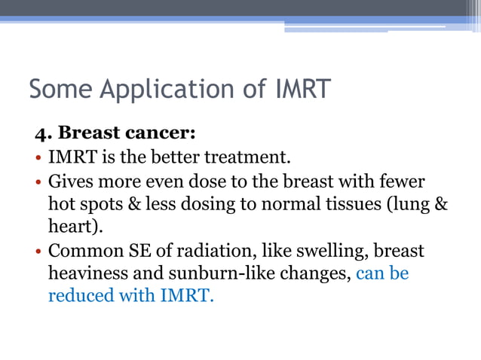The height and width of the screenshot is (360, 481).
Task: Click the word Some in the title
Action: coord(62,89)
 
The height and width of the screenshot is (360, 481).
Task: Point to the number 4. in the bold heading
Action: coord(43,133)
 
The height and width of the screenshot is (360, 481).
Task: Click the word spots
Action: coord(100,204)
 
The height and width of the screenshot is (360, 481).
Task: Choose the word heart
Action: coord(67,227)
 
